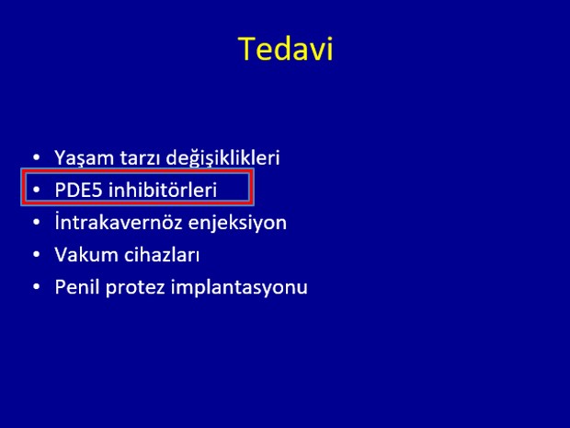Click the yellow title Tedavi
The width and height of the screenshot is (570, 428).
pyautogui.click(x=286, y=49)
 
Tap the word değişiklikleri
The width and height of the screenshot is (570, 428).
pyautogui.click(x=222, y=158)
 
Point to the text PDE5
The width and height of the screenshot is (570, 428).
pyautogui.click(x=78, y=190)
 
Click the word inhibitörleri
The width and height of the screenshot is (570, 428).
pyautogui.click(x=163, y=190)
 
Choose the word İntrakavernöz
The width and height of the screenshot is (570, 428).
pyautogui.click(x=119, y=222)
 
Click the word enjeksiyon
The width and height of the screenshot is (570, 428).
pyautogui.click(x=237, y=223)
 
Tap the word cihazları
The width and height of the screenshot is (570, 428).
pyautogui.click(x=162, y=254)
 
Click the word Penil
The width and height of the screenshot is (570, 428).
pyautogui.click(x=77, y=286)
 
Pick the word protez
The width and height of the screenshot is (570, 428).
pyautogui.click(x=135, y=288)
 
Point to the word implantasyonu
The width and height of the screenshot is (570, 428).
pyautogui.click(x=239, y=287)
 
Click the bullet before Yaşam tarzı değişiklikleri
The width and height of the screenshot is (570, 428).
pyautogui.click(x=37, y=158)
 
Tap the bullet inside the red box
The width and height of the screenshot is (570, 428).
pyautogui.click(x=37, y=190)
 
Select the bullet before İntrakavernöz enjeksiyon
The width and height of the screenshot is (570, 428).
pyautogui.click(x=37, y=222)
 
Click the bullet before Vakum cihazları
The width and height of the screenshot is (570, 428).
pyautogui.click(x=37, y=254)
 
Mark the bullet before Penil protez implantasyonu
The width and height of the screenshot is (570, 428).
pyautogui.click(x=37, y=286)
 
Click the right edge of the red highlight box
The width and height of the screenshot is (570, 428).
pyautogui.click(x=251, y=187)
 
